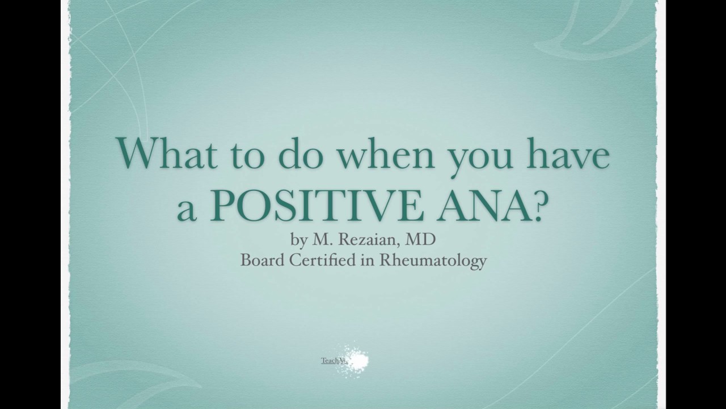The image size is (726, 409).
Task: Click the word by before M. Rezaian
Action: [299, 240]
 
